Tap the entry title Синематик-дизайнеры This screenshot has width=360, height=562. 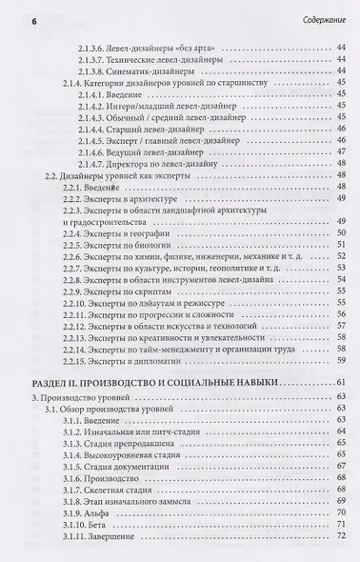[x=159, y=71]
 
